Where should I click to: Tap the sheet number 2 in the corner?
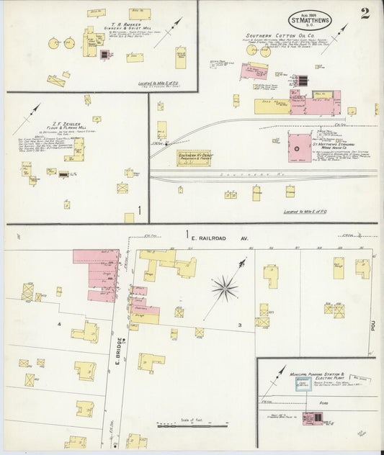click(x=366, y=13)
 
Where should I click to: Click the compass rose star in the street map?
click(x=224, y=289)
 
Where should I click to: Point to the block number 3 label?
click(x=241, y=326)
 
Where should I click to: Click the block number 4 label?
click(x=59, y=325)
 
